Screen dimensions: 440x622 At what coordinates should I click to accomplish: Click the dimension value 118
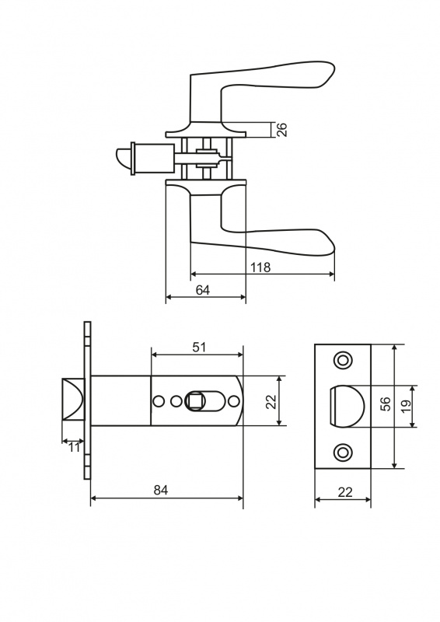260,267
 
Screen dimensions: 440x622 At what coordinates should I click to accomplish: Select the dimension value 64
203,290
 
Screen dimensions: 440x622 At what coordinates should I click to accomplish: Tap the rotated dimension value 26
281,130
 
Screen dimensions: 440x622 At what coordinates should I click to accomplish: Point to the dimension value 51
199,348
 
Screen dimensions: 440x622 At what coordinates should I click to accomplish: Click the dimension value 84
161,491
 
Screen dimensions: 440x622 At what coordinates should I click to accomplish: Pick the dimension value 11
74,448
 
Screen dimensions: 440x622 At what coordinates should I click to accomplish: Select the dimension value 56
386,404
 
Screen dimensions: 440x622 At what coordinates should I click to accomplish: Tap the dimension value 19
406,405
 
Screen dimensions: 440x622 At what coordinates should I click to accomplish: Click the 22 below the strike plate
345,492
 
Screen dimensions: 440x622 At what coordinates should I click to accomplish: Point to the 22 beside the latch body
271,401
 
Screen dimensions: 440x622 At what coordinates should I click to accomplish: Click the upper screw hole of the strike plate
343,360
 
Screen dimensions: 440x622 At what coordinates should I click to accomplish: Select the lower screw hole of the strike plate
343,452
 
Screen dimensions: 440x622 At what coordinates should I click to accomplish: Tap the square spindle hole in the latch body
194,401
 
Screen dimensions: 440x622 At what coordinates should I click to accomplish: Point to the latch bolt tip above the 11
73,400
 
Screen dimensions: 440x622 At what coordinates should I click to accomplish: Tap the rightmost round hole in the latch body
235,401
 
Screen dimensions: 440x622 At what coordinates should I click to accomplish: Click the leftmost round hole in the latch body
159,401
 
